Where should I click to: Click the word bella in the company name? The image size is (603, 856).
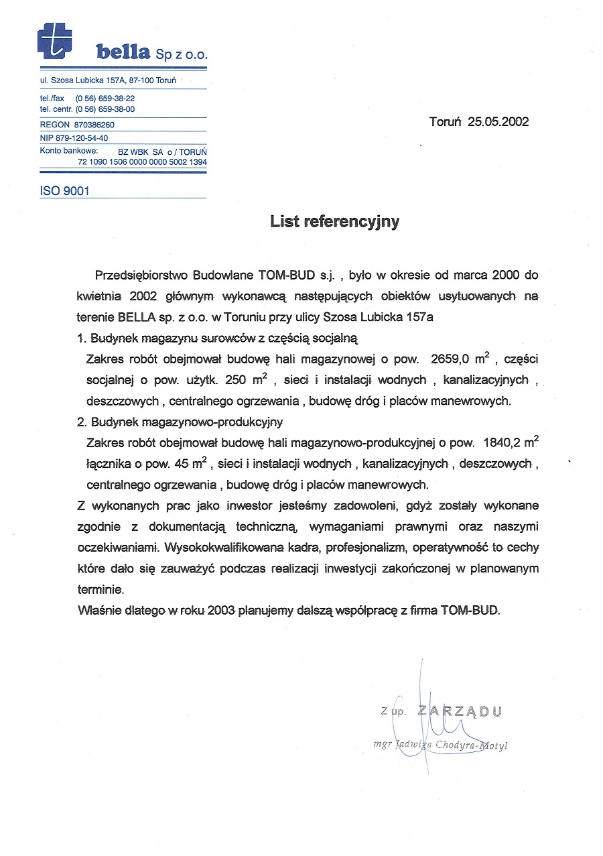[x=124, y=52]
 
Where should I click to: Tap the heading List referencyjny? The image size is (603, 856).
[x=334, y=222]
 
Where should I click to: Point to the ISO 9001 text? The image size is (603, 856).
[x=65, y=191]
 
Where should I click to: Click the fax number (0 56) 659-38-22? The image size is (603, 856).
[x=105, y=98]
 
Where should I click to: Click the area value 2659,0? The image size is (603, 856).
[x=452, y=359]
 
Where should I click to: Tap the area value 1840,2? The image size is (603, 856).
[x=496, y=443]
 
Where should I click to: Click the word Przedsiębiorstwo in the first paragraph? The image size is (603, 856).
[x=142, y=276]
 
